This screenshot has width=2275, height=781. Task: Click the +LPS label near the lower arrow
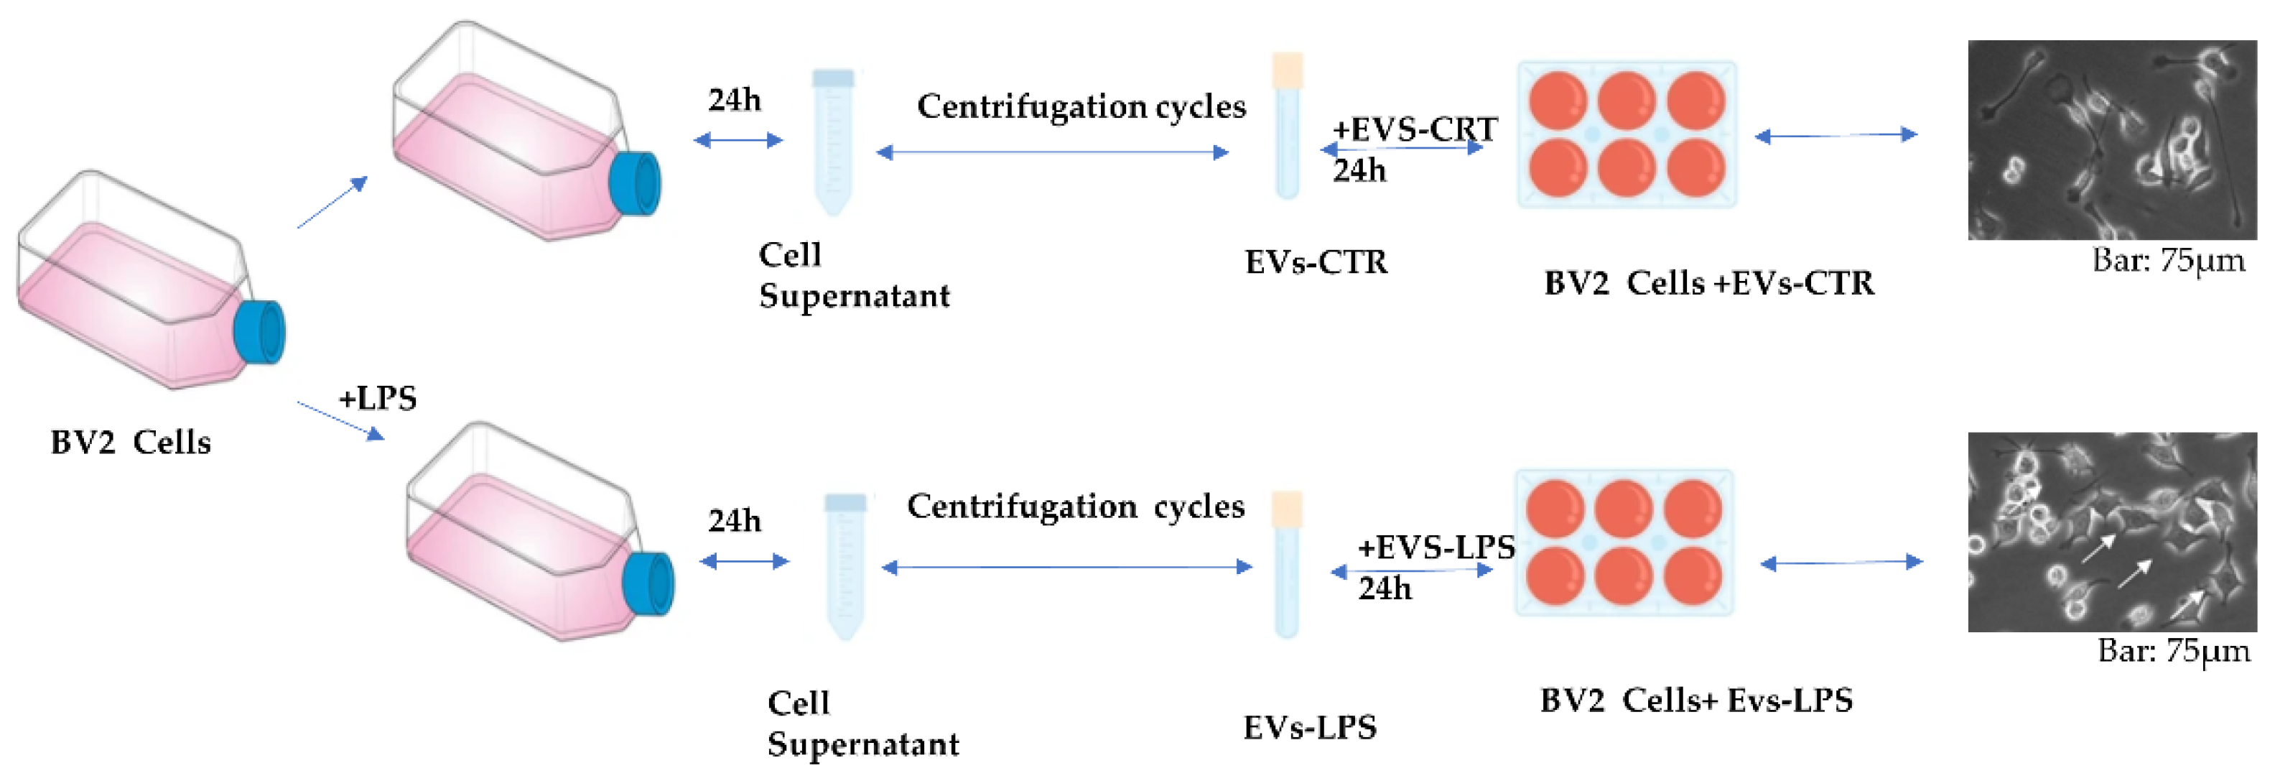(x=377, y=399)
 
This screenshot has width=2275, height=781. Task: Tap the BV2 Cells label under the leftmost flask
(x=131, y=442)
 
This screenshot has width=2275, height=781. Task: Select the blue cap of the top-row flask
(x=636, y=184)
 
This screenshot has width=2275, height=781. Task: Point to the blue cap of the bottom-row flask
(x=648, y=583)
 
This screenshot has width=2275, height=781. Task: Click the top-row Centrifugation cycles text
(x=1081, y=106)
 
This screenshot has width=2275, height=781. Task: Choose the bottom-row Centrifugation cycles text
(x=1076, y=507)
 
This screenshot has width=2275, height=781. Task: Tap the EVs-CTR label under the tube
(x=1316, y=262)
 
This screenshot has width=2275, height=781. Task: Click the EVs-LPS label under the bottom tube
(x=1310, y=727)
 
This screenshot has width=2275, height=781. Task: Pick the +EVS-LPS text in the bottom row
(x=1436, y=547)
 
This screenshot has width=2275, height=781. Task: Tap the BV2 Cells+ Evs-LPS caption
(x=1695, y=701)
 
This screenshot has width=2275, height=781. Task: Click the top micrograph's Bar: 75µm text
(x=2168, y=261)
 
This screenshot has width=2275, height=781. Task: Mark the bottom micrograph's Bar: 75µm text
(x=2174, y=651)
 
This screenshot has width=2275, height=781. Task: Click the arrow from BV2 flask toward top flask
(x=332, y=203)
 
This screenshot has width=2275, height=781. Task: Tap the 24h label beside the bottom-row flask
(x=734, y=520)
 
